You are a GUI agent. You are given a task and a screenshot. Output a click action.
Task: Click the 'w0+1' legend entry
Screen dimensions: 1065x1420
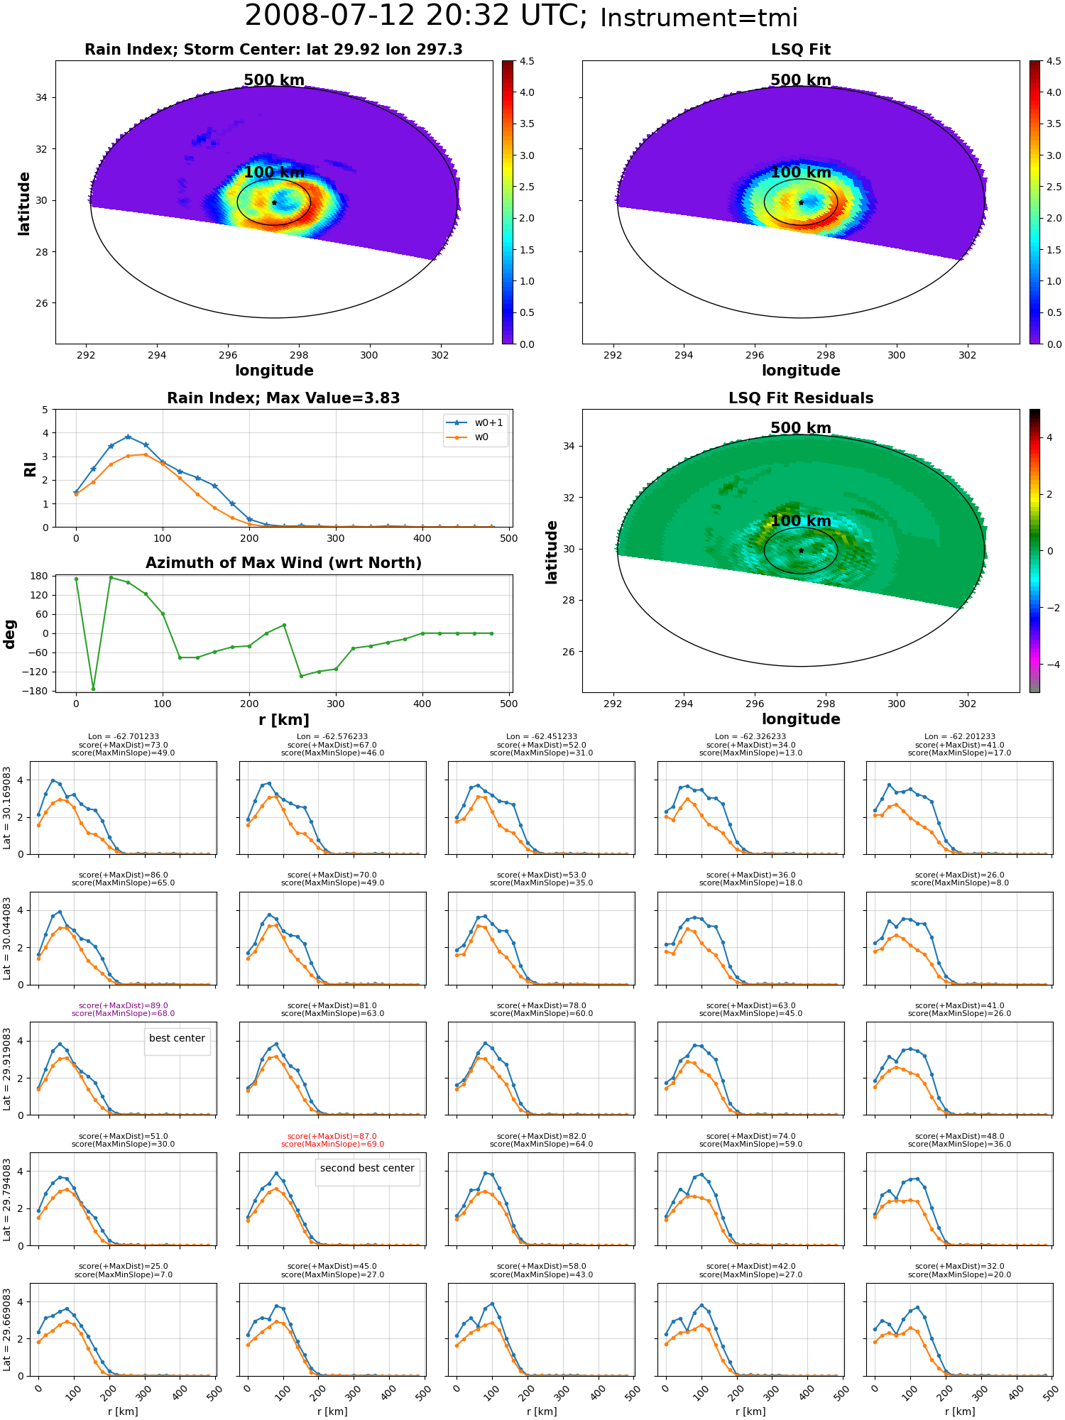(x=476, y=422)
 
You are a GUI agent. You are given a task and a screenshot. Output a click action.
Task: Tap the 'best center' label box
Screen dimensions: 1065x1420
(x=177, y=1038)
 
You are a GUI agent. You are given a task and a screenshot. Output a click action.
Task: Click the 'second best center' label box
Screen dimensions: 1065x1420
(x=367, y=1168)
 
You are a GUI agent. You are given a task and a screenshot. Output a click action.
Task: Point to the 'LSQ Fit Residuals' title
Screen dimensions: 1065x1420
(x=801, y=398)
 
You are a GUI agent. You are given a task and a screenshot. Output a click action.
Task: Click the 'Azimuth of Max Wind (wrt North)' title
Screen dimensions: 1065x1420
(x=283, y=563)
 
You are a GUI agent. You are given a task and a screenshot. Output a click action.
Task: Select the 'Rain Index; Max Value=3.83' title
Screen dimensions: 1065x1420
(x=283, y=398)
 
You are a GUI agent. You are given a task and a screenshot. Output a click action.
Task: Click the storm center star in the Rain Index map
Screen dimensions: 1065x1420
(x=274, y=202)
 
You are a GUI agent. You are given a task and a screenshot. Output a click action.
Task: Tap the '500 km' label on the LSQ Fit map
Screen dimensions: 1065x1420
(x=801, y=80)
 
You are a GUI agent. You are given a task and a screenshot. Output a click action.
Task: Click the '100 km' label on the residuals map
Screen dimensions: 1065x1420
(x=801, y=521)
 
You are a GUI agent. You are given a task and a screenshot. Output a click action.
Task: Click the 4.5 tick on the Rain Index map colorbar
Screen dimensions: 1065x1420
(x=527, y=61)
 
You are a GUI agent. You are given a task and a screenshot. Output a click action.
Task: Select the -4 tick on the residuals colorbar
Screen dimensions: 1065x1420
(x=1049, y=665)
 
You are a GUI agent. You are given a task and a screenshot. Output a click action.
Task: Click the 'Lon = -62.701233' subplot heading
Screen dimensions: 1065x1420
(x=124, y=737)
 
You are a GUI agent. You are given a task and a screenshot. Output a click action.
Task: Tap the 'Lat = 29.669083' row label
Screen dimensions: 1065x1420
(x=7, y=1330)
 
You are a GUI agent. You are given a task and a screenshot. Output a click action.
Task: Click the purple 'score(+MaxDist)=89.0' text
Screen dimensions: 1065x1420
(x=124, y=1005)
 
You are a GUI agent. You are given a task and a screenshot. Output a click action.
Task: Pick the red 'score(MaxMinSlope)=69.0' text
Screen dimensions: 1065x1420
(x=332, y=1144)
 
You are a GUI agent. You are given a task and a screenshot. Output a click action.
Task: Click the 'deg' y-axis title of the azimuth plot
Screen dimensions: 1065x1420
(x=10, y=633)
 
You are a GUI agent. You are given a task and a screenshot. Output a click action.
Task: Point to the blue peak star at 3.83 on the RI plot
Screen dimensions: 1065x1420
(x=128, y=437)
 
